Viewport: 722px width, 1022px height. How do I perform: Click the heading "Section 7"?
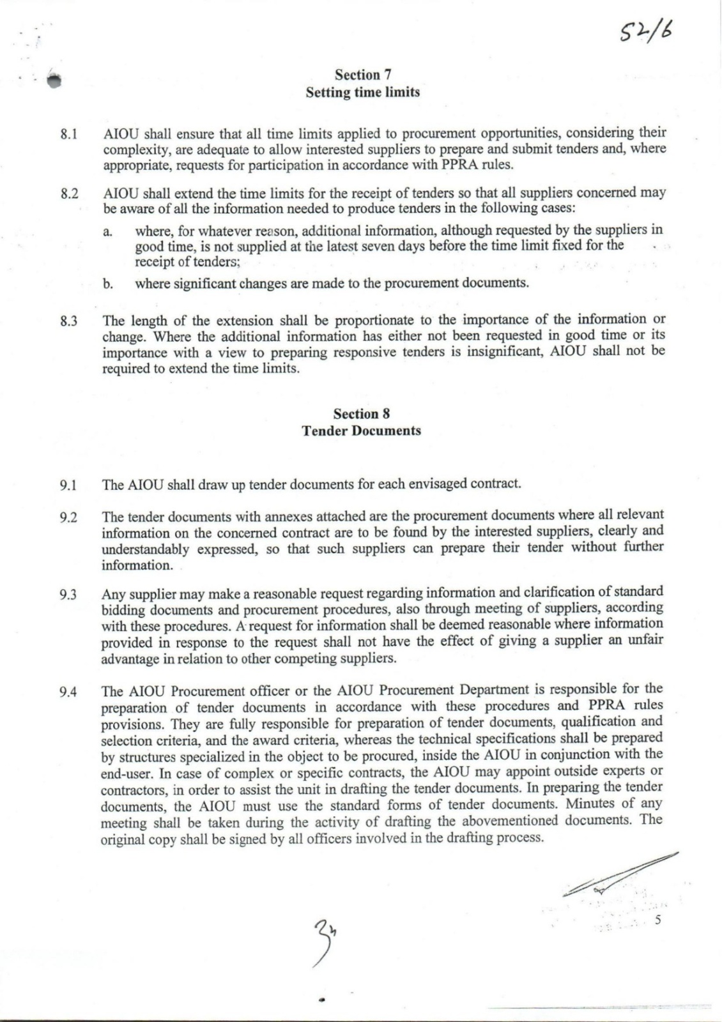coord(362,75)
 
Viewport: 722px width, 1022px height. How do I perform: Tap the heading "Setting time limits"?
coord(362,92)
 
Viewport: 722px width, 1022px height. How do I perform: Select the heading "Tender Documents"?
coord(362,431)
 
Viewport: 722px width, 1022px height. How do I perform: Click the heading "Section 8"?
coord(362,414)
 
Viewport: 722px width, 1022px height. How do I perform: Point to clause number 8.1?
coord(69,135)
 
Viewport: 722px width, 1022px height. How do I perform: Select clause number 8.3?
coord(69,321)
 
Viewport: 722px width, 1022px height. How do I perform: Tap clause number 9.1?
coord(69,485)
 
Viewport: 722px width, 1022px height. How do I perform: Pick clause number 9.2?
coord(69,517)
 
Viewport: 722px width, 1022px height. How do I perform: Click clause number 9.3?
coord(69,595)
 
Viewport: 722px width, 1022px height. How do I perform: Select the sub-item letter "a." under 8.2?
coord(108,231)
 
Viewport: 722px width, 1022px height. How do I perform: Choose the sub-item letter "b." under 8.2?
coord(108,284)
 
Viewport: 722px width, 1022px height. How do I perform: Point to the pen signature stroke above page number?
coord(620,873)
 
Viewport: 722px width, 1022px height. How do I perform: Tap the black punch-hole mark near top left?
coord(54,79)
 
